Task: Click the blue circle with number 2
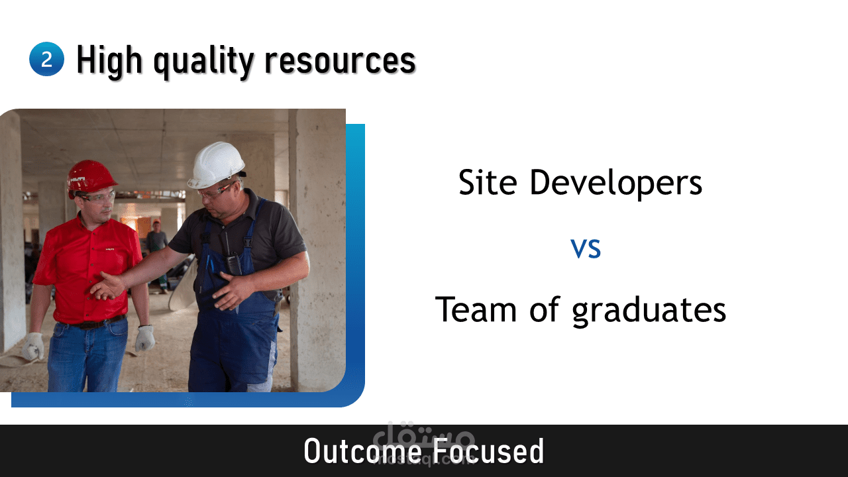[46, 59]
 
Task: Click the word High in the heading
[109, 60]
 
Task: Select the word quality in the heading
[203, 62]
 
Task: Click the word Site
[488, 182]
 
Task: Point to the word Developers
[616, 184]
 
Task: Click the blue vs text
[586, 248]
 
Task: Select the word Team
[476, 309]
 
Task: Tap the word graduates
[649, 311]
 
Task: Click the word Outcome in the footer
[362, 451]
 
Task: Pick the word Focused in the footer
[488, 451]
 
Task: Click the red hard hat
[91, 178]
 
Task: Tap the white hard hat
[217, 165]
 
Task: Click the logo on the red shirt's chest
[110, 249]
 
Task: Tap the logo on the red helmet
[78, 179]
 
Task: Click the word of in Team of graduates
[544, 309]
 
